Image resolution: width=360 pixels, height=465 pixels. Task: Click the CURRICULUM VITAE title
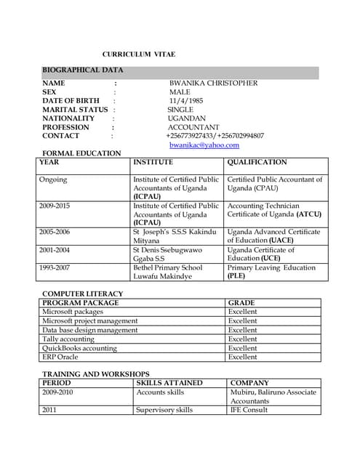point(138,55)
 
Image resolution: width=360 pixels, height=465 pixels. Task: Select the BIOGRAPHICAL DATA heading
point(82,70)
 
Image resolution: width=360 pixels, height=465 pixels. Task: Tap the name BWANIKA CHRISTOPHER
point(213,83)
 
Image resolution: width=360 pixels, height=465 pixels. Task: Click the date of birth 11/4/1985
point(186,101)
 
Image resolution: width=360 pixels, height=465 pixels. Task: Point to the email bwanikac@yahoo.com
point(204,145)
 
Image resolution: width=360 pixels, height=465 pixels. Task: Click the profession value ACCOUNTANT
point(193,127)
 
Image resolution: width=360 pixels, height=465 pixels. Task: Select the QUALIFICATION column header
point(257,163)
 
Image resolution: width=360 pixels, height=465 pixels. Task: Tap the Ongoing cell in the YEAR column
point(53,179)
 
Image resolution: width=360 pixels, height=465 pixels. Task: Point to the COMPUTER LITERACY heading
point(82,294)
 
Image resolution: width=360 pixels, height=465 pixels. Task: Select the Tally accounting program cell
point(68,339)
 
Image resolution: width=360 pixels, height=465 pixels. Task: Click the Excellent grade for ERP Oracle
point(242,357)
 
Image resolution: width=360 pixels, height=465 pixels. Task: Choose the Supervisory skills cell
point(164,410)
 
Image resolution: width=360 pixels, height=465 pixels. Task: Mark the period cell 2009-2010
point(58,392)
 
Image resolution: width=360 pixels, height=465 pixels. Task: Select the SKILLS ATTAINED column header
point(169,383)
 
